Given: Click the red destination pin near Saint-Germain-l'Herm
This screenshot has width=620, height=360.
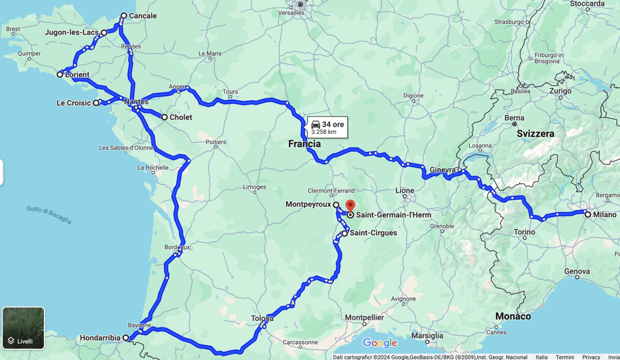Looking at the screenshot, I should coord(350,206).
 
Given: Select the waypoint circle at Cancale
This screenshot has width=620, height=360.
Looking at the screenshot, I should coord(124,16).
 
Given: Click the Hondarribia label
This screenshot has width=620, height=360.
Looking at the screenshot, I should coord(100,338).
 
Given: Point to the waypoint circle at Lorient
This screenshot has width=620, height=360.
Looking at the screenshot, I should coord(60,74).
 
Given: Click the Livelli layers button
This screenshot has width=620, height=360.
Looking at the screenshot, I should coord(23,328).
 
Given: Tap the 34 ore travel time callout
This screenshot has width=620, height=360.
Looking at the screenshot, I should coord(327,127).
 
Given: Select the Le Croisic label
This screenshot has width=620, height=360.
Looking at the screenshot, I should coord(73,103).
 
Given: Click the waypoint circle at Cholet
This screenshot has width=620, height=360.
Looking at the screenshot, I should coord(164,117).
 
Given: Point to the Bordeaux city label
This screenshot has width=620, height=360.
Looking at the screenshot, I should coord(177,247).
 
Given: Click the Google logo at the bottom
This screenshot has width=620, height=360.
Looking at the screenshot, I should coord(380,343).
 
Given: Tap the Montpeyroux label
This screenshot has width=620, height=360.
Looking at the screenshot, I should coord(308,205).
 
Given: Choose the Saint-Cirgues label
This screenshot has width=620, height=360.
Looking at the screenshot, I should coord(373,233).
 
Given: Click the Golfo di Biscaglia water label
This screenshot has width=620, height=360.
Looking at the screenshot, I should coord(49,214).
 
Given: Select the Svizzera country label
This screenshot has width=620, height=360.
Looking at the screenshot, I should coord(535,134).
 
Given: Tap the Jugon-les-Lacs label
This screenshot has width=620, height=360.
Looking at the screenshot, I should coord(71,32).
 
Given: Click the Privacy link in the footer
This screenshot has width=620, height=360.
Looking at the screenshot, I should coord(591,357).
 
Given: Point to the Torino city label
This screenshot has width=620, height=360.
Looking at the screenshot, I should coord(524,232).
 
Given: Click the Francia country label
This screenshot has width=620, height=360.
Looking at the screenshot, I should coord(305,144).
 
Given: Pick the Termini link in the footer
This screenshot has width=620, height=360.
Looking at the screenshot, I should coord(565,357).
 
